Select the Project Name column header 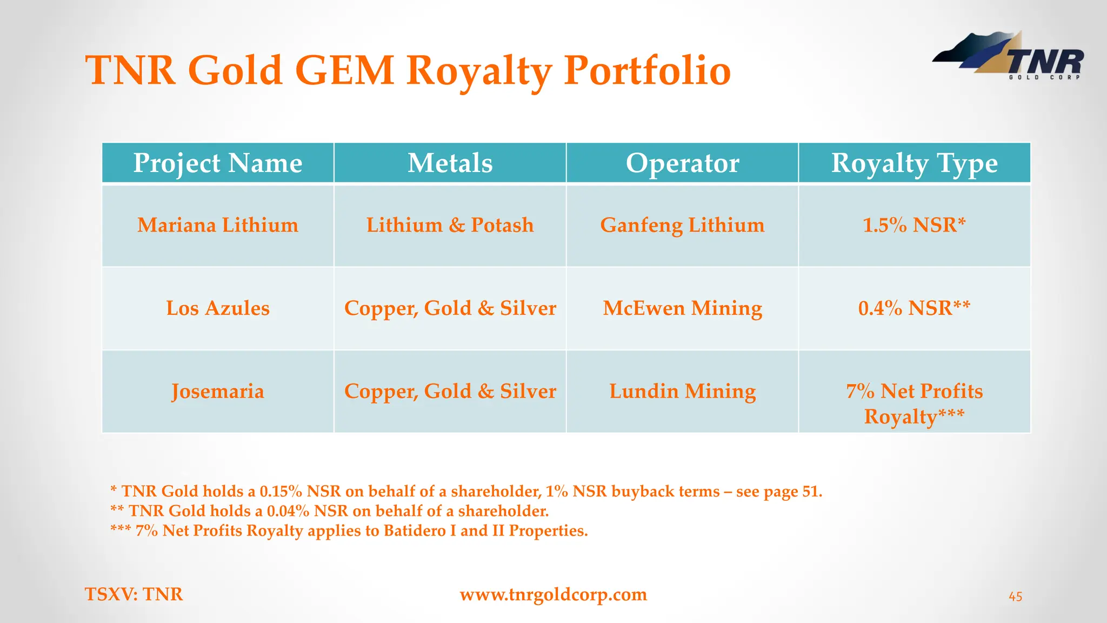pyautogui.click(x=217, y=163)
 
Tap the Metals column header pyautogui.click(x=450, y=163)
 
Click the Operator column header pyautogui.click(x=682, y=163)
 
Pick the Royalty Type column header pyautogui.click(x=914, y=163)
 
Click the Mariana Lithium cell pyautogui.click(x=217, y=225)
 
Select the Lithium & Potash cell pyautogui.click(x=450, y=225)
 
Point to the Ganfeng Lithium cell pyautogui.click(x=682, y=225)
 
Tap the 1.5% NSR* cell pyautogui.click(x=914, y=225)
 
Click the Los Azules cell pyautogui.click(x=217, y=308)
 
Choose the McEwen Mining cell pyautogui.click(x=682, y=308)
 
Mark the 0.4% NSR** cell pyautogui.click(x=914, y=308)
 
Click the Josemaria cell pyautogui.click(x=217, y=391)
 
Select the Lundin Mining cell pyautogui.click(x=682, y=391)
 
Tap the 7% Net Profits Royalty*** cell pyautogui.click(x=914, y=403)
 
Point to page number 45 pyautogui.click(x=1015, y=597)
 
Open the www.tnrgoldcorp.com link pyautogui.click(x=553, y=594)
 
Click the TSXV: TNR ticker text pyautogui.click(x=134, y=594)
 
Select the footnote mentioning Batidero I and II pyautogui.click(x=349, y=531)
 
